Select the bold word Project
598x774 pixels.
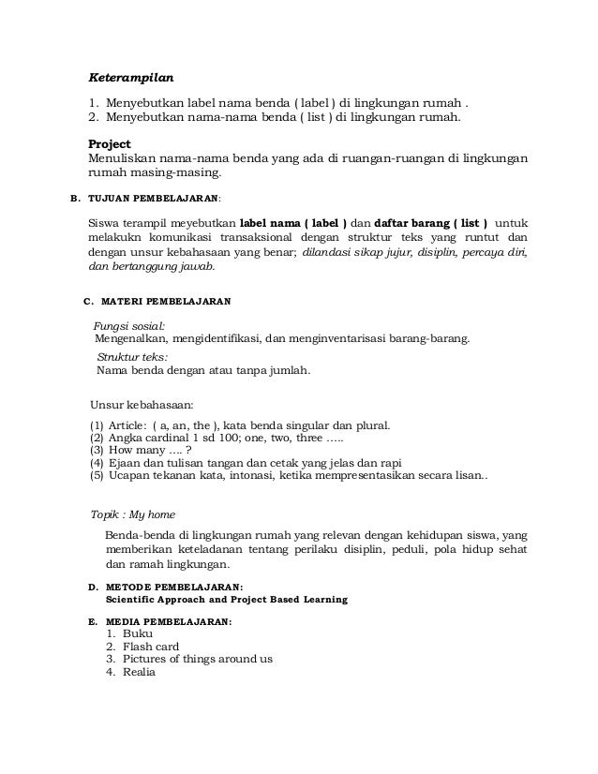click(109, 143)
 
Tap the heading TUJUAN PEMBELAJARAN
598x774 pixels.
click(154, 200)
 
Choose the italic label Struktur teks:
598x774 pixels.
click(133, 357)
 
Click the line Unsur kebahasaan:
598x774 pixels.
click(141, 405)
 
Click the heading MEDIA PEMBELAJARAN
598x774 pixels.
click(164, 621)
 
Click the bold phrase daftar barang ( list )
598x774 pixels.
click(430, 224)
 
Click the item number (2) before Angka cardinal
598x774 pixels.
click(96, 437)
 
